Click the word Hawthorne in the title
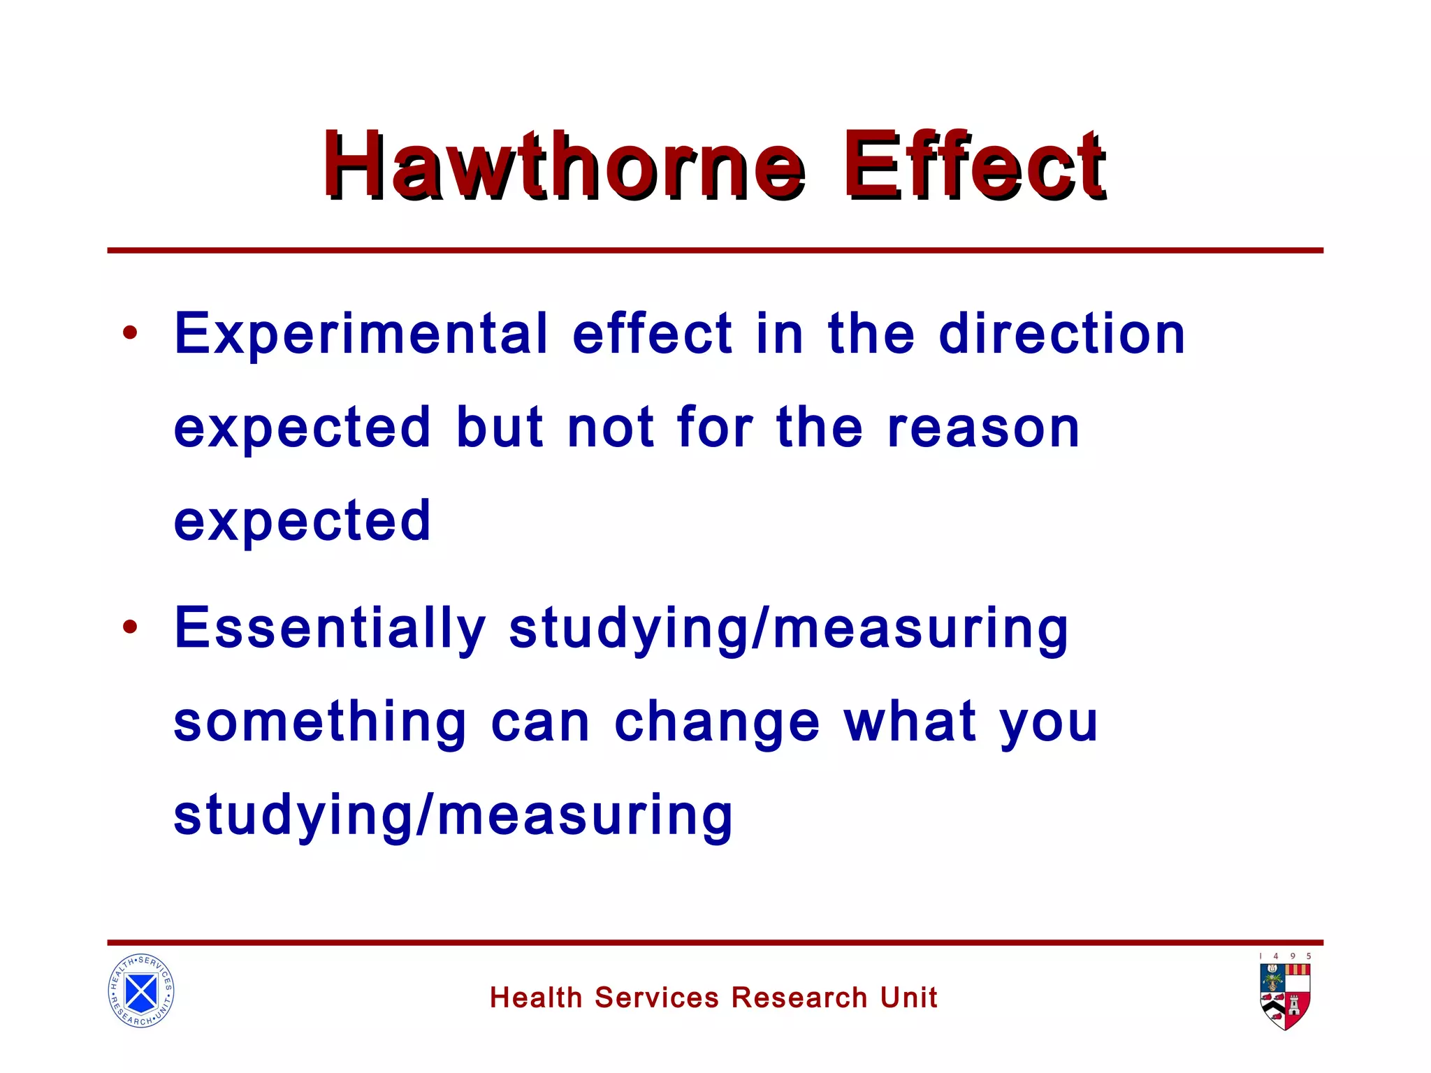(563, 166)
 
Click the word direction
(1061, 334)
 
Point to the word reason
(984, 428)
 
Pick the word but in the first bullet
(499, 427)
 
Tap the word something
(320, 722)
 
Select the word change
(717, 724)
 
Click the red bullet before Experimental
(130, 333)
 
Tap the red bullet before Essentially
(130, 627)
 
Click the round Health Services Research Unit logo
(141, 991)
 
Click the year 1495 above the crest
(1285, 956)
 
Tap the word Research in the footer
(799, 998)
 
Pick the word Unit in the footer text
(908, 998)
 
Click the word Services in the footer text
(656, 998)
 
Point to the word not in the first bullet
(610, 427)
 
